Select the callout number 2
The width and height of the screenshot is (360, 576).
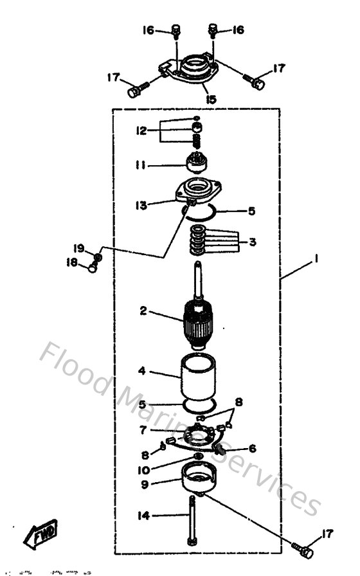tap(143, 311)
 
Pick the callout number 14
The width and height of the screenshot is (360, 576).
tap(143, 514)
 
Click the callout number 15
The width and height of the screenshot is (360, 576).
tap(210, 100)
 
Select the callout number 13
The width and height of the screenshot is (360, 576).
tap(141, 205)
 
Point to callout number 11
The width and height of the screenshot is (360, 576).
tap(141, 165)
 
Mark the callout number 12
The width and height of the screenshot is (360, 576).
tap(141, 130)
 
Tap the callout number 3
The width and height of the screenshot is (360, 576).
tap(253, 242)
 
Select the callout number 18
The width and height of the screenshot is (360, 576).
tap(72, 262)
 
